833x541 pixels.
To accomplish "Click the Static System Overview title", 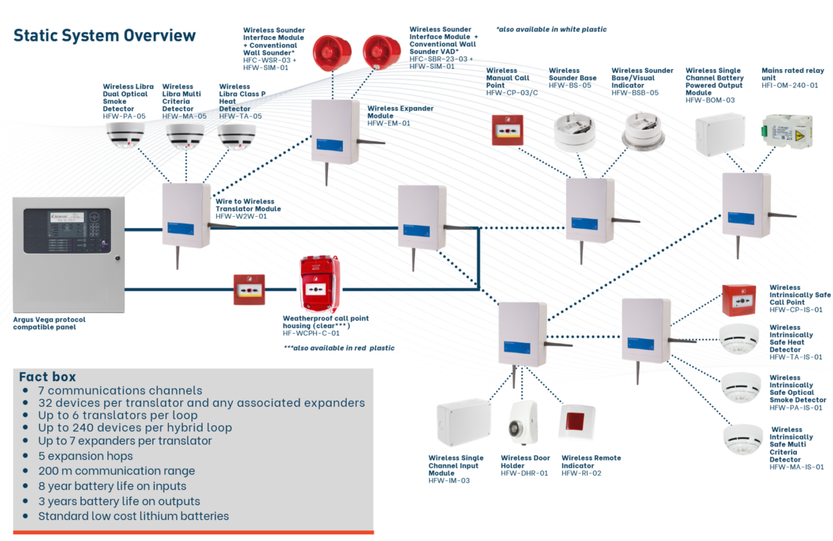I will click(x=104, y=35).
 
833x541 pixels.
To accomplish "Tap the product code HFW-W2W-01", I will click(x=241, y=216).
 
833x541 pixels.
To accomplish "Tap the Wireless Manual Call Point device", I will click(x=507, y=129).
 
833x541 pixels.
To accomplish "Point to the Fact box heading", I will click(x=47, y=377).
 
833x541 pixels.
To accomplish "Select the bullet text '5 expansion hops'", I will click(x=86, y=455).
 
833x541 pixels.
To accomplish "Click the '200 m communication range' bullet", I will click(x=116, y=470).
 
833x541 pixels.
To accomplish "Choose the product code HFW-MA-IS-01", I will click(x=796, y=467).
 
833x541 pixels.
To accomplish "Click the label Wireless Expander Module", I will click(x=400, y=113).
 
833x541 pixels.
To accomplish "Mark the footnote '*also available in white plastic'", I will click(x=551, y=29).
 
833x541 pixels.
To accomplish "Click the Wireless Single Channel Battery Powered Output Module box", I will click(x=720, y=134).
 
